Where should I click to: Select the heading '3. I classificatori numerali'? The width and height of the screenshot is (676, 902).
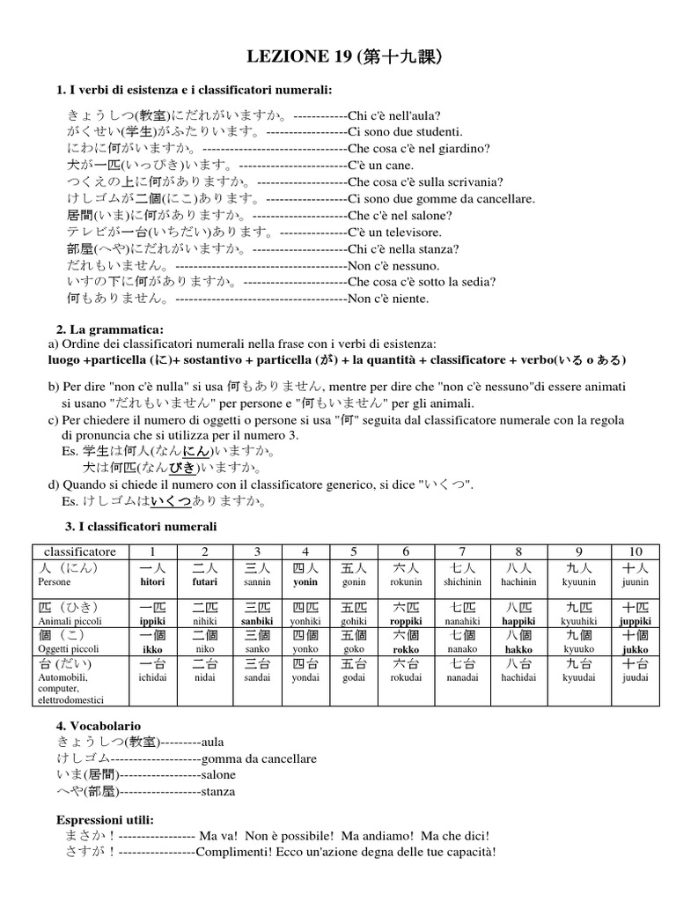tap(136, 526)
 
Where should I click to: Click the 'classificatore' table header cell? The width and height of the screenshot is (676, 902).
tap(79, 551)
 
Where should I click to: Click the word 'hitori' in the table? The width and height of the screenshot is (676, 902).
tap(152, 582)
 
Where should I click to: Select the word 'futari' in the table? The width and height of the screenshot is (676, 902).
tap(204, 582)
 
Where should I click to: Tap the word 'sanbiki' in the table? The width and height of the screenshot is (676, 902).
tap(257, 621)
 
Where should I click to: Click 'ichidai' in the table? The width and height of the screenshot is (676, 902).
tap(152, 677)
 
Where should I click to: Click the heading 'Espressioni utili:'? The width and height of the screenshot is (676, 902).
tap(105, 819)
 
